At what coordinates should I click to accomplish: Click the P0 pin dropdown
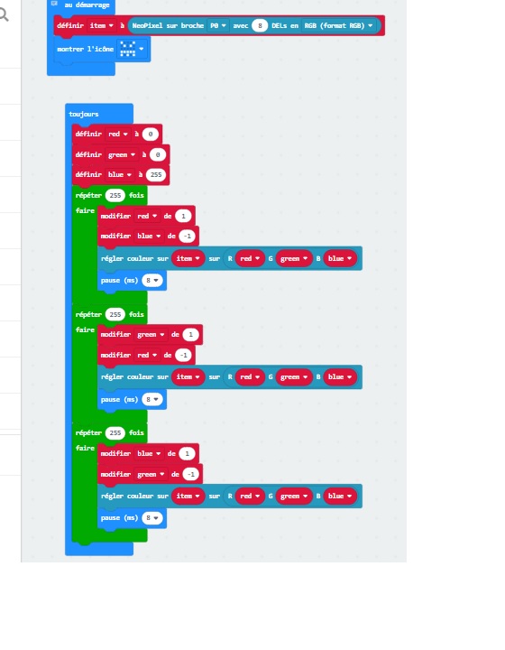tap(217, 25)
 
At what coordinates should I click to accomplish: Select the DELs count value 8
tap(260, 25)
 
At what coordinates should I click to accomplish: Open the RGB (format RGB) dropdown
tap(338, 25)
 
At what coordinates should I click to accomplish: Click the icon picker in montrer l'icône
tap(132, 49)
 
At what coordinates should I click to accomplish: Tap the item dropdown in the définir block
tap(101, 25)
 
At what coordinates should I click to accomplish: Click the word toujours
tap(84, 114)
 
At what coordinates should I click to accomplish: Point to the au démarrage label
tap(87, 5)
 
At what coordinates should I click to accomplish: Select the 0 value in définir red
tap(151, 134)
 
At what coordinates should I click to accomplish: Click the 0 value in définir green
tap(157, 154)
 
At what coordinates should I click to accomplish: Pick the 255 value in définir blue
tap(156, 174)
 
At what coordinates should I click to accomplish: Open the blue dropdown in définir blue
tap(119, 174)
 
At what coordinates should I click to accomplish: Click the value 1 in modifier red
tap(183, 216)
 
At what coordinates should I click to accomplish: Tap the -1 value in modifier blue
tap(187, 236)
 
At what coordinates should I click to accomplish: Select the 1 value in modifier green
tap(190, 335)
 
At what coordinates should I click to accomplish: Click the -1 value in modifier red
tap(183, 355)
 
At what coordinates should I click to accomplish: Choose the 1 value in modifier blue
tap(187, 453)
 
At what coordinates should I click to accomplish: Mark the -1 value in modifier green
tap(191, 474)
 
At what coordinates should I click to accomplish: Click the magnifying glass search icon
tap(4, 15)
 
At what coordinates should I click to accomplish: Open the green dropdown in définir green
tap(121, 154)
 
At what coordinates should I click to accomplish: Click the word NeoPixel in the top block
tap(147, 25)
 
